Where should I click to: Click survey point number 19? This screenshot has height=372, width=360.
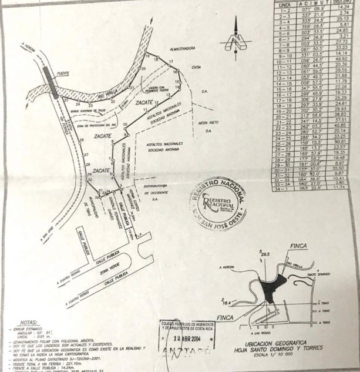154,54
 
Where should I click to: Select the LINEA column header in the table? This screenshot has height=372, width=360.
285,3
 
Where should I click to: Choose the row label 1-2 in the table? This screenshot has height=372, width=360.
285,9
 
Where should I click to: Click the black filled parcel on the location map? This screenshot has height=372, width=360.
269,289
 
